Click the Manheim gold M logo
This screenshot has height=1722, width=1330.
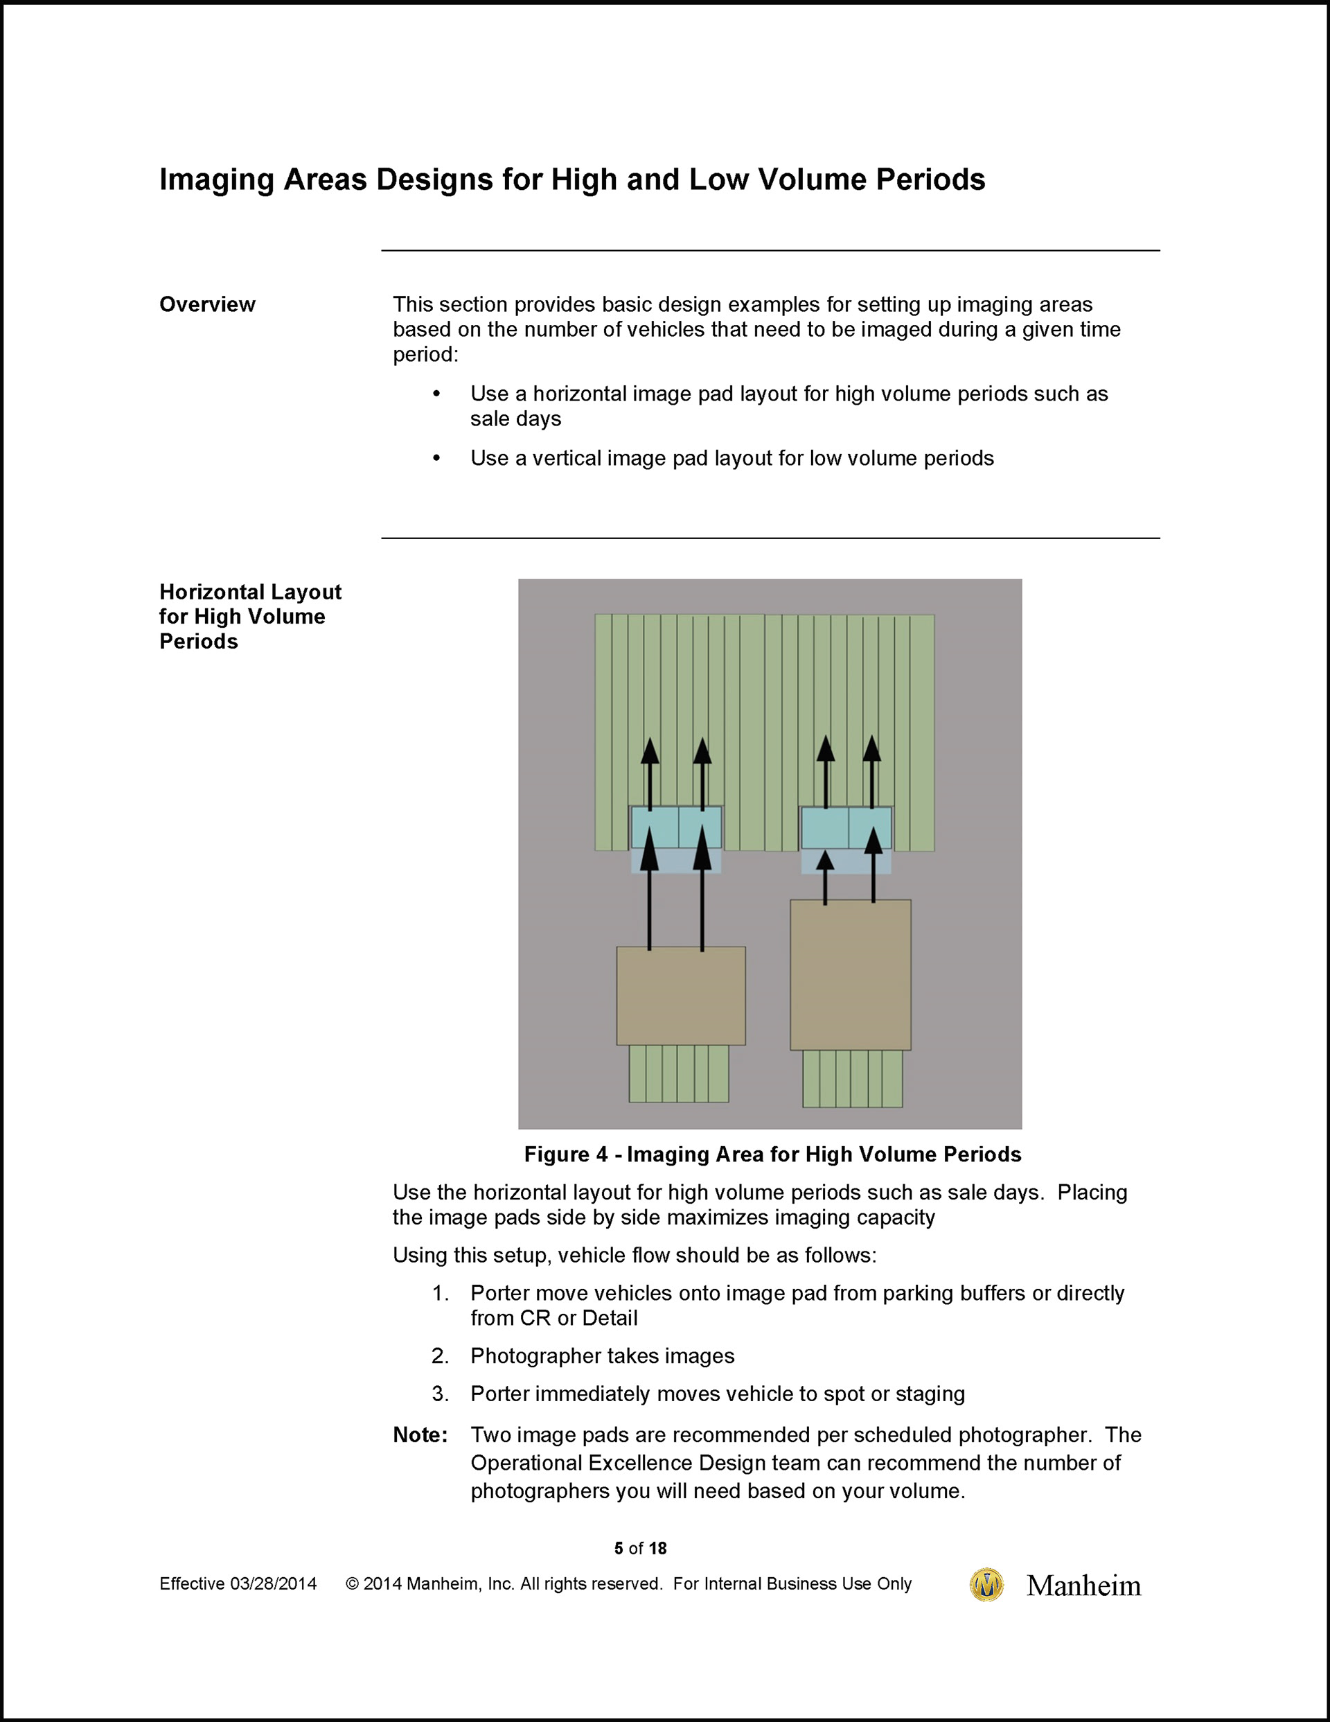[986, 1585]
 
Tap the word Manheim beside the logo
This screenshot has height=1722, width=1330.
[1083, 1585]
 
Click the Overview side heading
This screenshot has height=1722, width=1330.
[207, 304]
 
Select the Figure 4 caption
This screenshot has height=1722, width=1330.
[772, 1154]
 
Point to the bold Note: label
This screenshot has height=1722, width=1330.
[420, 1435]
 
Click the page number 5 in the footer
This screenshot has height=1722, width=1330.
[619, 1549]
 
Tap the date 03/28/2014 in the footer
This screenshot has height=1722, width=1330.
[273, 1584]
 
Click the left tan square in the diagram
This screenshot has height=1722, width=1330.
[680, 996]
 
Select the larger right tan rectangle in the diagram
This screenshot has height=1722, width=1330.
[850, 974]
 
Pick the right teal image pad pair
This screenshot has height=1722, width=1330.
[846, 828]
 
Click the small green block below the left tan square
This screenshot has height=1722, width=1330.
[678, 1074]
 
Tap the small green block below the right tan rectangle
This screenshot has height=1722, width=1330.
[852, 1079]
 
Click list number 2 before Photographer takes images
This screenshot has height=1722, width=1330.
[440, 1356]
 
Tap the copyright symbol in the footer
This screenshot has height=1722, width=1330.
[353, 1584]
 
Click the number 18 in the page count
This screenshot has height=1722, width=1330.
[657, 1549]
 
